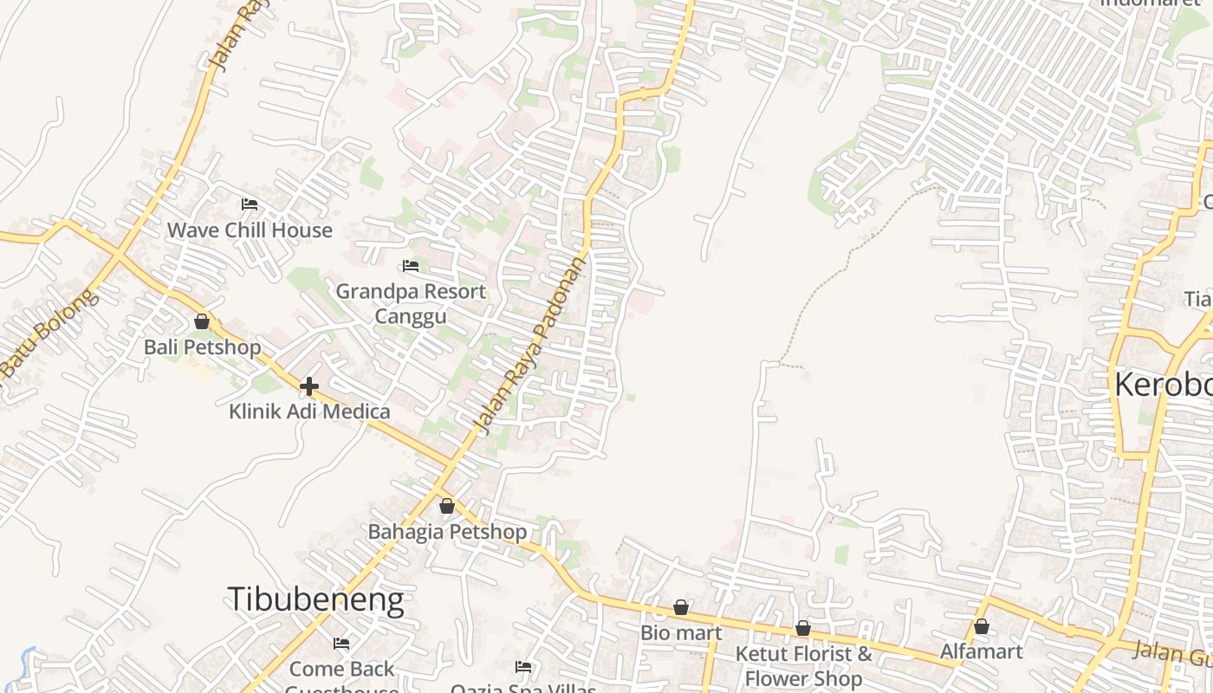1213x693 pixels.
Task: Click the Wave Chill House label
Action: tap(250, 230)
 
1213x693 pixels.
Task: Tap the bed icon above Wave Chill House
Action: tap(250, 204)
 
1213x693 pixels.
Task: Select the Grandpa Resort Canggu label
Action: tap(411, 303)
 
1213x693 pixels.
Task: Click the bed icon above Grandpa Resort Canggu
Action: tap(411, 266)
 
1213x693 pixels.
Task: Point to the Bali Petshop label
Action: tap(202, 347)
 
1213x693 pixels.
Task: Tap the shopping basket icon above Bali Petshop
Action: tap(202, 321)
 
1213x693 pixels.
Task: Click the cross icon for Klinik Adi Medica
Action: tap(309, 385)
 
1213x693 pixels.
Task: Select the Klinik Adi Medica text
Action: tap(309, 411)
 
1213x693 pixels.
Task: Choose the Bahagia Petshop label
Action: tap(447, 532)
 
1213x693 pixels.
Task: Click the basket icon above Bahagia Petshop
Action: tap(447, 506)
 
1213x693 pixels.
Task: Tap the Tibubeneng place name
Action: tap(315, 599)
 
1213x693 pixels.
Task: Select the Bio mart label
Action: tap(681, 633)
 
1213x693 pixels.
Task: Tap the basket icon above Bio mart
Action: tap(681, 607)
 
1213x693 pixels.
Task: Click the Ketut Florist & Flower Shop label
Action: tap(803, 665)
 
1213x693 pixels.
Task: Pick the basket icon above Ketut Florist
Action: tap(803, 628)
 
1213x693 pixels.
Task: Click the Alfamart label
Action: tap(982, 651)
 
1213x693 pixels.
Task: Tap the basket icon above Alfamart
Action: tap(982, 625)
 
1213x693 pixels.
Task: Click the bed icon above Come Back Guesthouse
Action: tap(341, 644)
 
